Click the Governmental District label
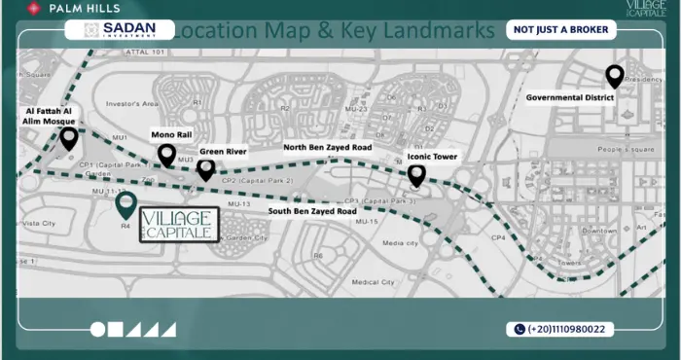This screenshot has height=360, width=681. point(573,97)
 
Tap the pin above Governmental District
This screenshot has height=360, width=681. point(614,75)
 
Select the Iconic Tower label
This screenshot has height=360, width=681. point(432,157)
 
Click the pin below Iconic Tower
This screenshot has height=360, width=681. point(416,175)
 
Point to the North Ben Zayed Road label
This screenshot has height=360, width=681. point(327,148)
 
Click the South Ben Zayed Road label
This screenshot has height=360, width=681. point(311,211)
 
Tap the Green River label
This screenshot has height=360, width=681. point(224,152)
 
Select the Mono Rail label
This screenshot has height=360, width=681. point(171,134)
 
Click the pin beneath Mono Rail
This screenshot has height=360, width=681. point(166,154)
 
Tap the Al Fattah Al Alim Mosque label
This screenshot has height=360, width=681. point(49,117)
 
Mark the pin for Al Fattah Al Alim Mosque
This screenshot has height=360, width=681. point(68,137)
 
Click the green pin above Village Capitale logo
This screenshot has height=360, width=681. point(125,204)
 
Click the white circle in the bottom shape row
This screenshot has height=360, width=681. point(97,330)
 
